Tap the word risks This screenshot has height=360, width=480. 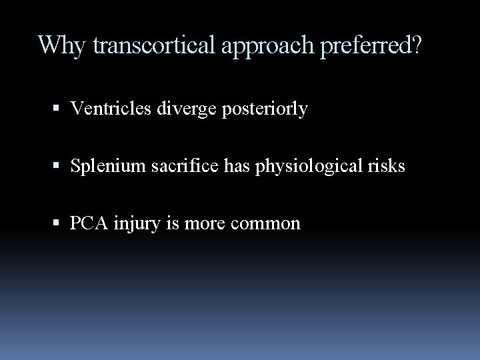[388, 166]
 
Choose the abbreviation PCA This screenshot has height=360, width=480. [86, 223]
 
